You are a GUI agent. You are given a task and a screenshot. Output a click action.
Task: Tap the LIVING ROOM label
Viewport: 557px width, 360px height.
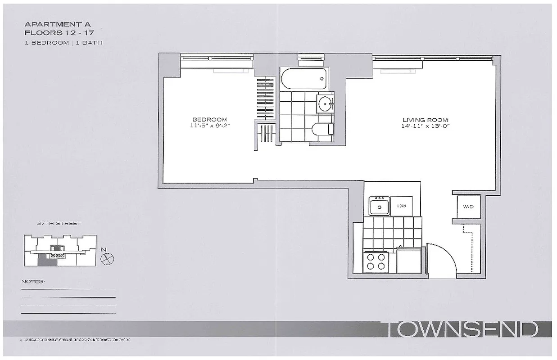425,120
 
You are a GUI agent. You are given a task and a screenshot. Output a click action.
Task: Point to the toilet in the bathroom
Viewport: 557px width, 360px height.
322,129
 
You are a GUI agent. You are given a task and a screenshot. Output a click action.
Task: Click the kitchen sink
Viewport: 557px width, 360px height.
380,207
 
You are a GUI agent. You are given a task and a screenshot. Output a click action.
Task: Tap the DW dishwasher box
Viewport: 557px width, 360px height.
402,206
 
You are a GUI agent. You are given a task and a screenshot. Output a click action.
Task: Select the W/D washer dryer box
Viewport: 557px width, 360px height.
468,207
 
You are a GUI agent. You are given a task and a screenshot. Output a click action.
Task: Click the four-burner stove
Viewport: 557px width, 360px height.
376,261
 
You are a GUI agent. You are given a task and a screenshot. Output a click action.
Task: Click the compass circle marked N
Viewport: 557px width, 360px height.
108,258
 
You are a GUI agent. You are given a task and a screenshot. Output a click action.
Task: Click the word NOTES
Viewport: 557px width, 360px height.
33,282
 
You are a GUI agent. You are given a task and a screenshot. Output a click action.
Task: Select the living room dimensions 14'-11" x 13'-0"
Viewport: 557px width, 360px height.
425,126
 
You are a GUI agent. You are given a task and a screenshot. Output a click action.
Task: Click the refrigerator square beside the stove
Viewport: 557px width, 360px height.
409,261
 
